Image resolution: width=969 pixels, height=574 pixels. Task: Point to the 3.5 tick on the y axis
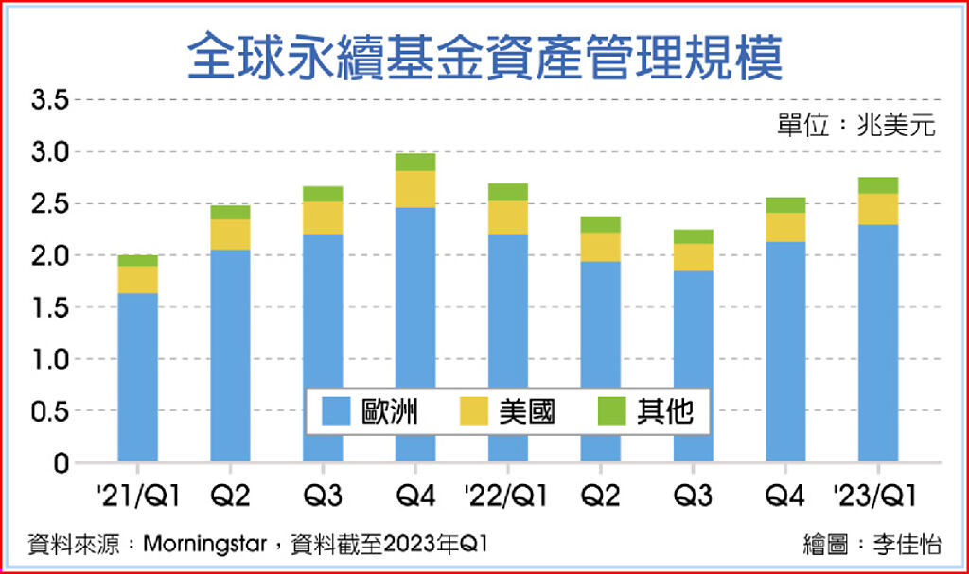pos(50,99)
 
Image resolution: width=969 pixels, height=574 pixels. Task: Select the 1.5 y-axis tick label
pos(50,307)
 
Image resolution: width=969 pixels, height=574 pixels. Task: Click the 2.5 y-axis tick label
pos(50,203)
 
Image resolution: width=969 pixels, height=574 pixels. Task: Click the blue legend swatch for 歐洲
pos(338,411)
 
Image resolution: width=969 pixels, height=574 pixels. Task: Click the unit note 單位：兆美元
pos(856,127)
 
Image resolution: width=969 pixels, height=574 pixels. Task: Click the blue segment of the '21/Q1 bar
pos(138,378)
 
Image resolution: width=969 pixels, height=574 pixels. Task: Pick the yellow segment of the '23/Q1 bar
pos(878,209)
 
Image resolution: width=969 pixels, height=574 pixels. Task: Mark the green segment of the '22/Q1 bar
pos(508,192)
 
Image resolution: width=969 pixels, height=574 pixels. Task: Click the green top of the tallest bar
pos(415,162)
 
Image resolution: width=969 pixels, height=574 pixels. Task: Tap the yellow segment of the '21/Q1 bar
pos(138,280)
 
